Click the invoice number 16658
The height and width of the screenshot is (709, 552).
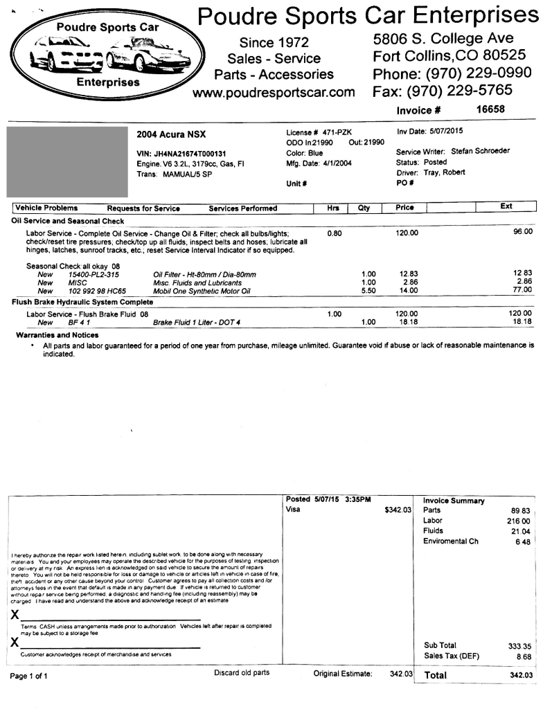[x=490, y=109]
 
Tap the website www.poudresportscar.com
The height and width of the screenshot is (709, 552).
[x=274, y=92]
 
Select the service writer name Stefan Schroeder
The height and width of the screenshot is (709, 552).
[x=480, y=152]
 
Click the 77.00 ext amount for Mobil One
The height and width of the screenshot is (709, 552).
[x=522, y=291]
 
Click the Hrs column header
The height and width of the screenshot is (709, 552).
[x=332, y=208]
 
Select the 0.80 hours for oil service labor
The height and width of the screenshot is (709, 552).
[x=334, y=233]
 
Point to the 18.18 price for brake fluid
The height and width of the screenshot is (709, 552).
[x=406, y=323]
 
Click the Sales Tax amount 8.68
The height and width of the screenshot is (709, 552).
[x=523, y=656]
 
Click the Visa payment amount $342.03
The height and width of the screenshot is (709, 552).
[x=398, y=510]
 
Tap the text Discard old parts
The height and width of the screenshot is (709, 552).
[x=242, y=673]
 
